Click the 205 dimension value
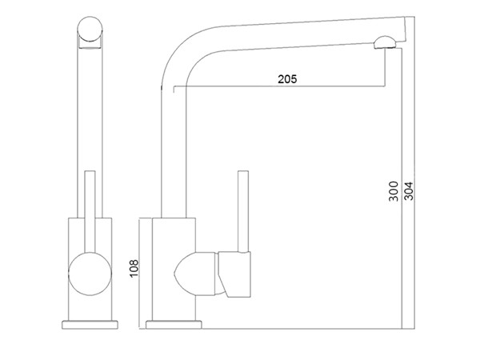click(287, 79)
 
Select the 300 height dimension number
click(394, 191)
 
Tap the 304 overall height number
click(409, 191)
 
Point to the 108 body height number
click(134, 269)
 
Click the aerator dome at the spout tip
click(385, 42)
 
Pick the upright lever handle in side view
click(243, 211)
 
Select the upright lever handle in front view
click(90, 211)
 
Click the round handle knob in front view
click(90, 274)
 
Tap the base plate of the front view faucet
click(90, 325)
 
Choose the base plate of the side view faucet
click(174, 325)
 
